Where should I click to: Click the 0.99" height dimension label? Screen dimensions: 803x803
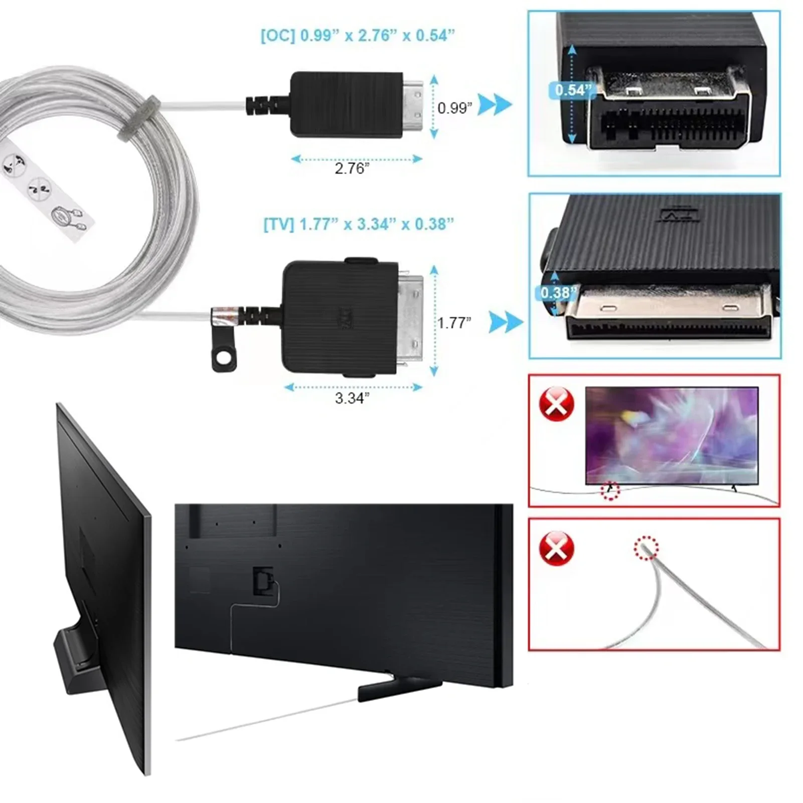click(x=454, y=108)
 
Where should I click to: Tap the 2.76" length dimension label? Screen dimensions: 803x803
click(x=352, y=169)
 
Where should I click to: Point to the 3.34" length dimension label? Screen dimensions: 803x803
click(x=352, y=398)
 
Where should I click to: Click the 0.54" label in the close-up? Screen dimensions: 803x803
click(x=573, y=90)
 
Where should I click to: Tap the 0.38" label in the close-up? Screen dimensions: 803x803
click(x=558, y=292)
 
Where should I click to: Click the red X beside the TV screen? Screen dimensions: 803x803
click(x=556, y=403)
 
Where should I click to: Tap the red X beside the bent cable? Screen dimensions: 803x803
click(x=556, y=548)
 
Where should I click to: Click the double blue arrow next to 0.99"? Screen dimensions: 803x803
click(x=494, y=105)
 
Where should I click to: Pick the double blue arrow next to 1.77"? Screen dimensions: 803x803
click(x=506, y=322)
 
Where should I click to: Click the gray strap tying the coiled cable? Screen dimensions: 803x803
click(x=139, y=119)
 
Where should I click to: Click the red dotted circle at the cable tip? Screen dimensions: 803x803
click(x=646, y=548)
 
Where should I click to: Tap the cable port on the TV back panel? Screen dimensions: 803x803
click(x=262, y=581)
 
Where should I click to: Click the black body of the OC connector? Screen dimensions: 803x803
click(x=346, y=104)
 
